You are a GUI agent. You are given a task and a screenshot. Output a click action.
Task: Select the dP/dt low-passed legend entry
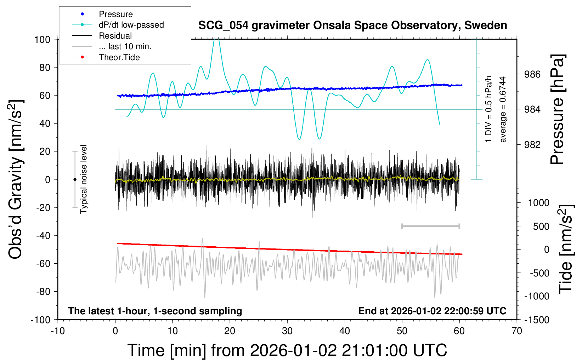pyautogui.click(x=131, y=25)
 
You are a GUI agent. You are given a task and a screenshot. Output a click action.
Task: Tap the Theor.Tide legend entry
pyautogui.click(x=119, y=57)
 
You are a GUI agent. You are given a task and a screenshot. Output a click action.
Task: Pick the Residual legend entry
pyautogui.click(x=115, y=36)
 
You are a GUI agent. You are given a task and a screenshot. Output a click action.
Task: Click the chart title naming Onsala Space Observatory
pyautogui.click(x=352, y=25)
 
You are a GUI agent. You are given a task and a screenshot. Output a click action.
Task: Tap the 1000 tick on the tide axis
pyautogui.click(x=538, y=203)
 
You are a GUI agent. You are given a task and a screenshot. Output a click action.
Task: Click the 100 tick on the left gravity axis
pyautogui.click(x=42, y=39)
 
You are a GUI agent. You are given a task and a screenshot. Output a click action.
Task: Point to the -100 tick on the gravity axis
pyautogui.click(x=40, y=320)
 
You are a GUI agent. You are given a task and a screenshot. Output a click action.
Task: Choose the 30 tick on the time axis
pyautogui.click(x=287, y=331)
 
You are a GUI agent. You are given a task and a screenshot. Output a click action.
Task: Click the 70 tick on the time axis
pyautogui.click(x=517, y=331)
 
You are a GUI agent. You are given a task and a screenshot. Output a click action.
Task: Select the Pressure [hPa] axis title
pyautogui.click(x=557, y=110)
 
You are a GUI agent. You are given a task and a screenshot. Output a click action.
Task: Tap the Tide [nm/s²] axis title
pyautogui.click(x=566, y=250)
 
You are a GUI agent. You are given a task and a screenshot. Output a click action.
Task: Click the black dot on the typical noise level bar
pyautogui.click(x=75, y=179)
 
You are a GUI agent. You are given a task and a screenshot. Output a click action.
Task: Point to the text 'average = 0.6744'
pyautogui.click(x=503, y=110)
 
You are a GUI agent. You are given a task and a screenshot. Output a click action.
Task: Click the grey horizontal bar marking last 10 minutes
pyautogui.click(x=430, y=226)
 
